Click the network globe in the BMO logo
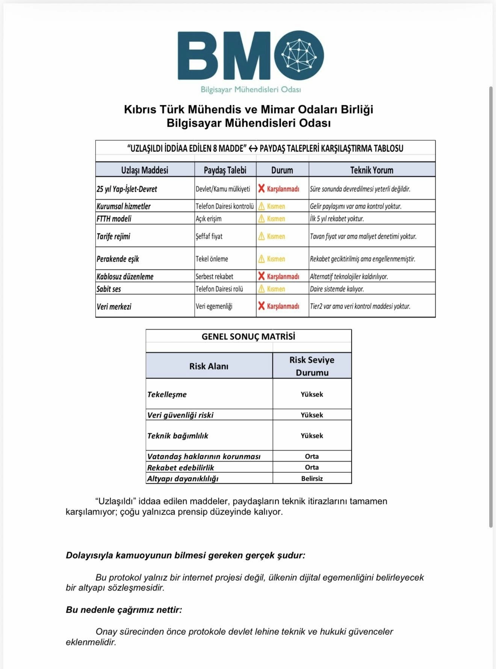pyautogui.click(x=299, y=55)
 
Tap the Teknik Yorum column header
pyautogui.click(x=372, y=170)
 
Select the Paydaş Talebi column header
pyautogui.click(x=225, y=170)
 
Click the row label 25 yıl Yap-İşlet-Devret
pyautogui.click(x=127, y=189)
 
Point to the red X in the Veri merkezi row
pyautogui.click(x=262, y=306)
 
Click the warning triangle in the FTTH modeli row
pyautogui.click(x=262, y=219)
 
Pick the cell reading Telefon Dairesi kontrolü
pyautogui.click(x=225, y=206)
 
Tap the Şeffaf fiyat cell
pyautogui.click(x=209, y=236)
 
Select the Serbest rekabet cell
pyautogui.click(x=214, y=277)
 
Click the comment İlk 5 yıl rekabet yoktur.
pyautogui.click(x=337, y=219)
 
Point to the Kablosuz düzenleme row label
pyautogui.click(x=125, y=277)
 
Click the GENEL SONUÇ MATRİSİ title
pyautogui.click(x=248, y=336)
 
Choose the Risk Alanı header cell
pyautogui.click(x=209, y=366)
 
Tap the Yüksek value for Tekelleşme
pyautogui.click(x=312, y=394)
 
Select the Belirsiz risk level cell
pyautogui.click(x=312, y=478)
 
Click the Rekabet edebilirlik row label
pyautogui.click(x=180, y=468)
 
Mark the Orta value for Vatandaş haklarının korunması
pyautogui.click(x=312, y=456)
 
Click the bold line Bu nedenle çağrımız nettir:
pyautogui.click(x=124, y=610)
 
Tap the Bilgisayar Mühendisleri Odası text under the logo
pyautogui.click(x=251, y=89)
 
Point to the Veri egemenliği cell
pyautogui.click(x=214, y=306)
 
